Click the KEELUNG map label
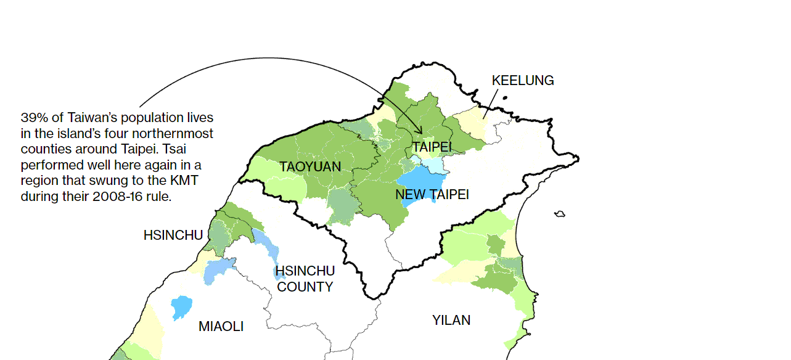tap(522, 81)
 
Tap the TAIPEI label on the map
tap(432, 147)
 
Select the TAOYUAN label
tap(309, 167)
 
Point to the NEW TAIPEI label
tap(432, 195)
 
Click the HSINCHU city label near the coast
tap(173, 235)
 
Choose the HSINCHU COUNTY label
tap(305, 279)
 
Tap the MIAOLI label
tap(221, 327)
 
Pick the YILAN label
tap(451, 321)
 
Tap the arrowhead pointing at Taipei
tap(420, 131)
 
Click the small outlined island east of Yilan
tap(560, 214)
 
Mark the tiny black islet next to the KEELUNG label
tap(504, 97)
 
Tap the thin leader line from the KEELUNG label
tap(490, 102)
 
